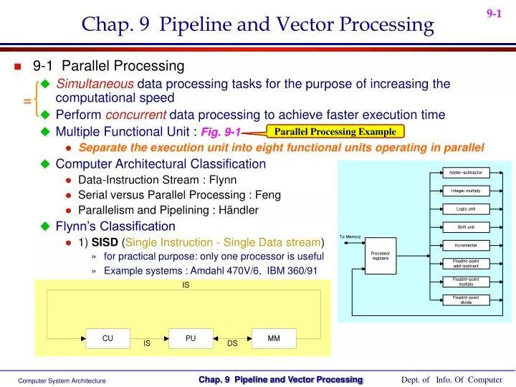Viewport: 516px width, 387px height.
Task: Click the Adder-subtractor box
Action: [465, 173]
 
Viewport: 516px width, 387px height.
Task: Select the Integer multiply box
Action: [465, 191]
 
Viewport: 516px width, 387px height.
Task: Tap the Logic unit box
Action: [465, 209]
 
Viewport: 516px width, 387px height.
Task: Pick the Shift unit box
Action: [465, 227]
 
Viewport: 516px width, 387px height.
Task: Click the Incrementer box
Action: [465, 245]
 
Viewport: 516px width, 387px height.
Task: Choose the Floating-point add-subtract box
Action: [465, 263]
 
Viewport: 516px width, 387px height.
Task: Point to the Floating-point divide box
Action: [465, 300]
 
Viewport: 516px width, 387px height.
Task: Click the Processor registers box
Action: [380, 254]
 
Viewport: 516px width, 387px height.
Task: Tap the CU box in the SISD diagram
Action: [107, 338]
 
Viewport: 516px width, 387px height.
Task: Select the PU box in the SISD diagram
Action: [191, 338]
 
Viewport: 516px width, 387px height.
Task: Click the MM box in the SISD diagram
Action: [273, 338]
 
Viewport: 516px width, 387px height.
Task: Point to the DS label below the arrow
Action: [232, 344]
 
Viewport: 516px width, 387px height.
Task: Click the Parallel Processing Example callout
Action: [335, 131]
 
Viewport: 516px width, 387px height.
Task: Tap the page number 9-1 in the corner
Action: [494, 13]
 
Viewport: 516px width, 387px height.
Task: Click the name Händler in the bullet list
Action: [239, 210]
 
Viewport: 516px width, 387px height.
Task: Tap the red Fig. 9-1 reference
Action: [221, 132]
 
